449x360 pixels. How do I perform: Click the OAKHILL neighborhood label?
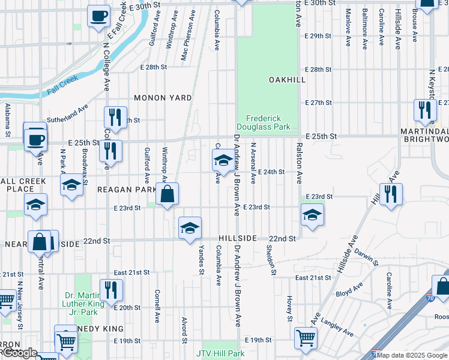pyautogui.click(x=287, y=80)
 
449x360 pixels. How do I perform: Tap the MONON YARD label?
pyautogui.click(x=163, y=98)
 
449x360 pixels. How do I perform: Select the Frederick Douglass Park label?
pyautogui.click(x=268, y=122)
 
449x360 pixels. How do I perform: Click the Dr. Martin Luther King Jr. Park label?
pyautogui.click(x=84, y=299)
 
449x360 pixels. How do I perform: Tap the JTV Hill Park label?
pyautogui.click(x=220, y=353)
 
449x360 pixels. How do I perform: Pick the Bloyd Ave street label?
pyautogui.click(x=348, y=293)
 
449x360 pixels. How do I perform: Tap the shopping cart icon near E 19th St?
pyautogui.click(x=306, y=337)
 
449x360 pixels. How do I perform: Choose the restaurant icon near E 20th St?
pyautogui.click(x=111, y=290)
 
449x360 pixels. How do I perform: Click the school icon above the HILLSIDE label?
pyautogui.click(x=190, y=229)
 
